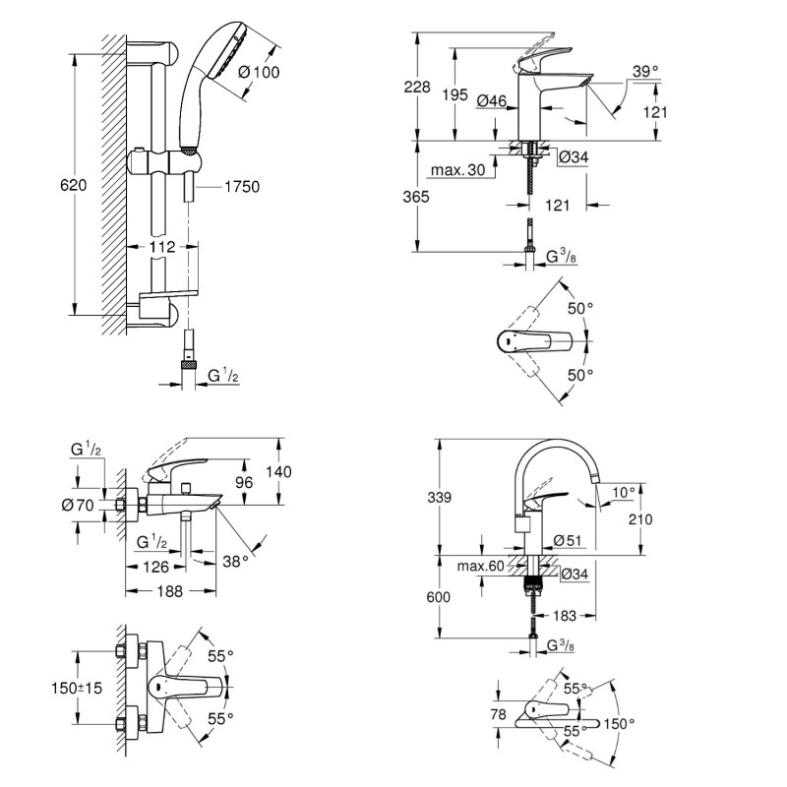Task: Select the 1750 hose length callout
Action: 241,186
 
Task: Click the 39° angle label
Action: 643,71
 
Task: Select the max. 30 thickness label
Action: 459,171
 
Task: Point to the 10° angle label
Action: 625,491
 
